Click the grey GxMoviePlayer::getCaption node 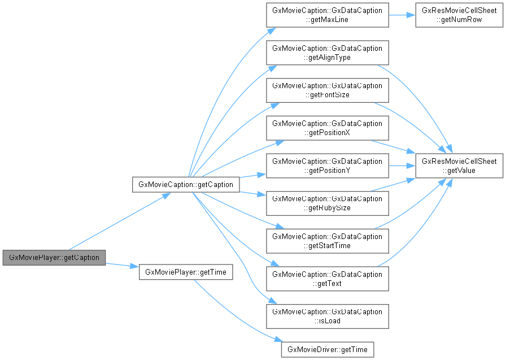54,257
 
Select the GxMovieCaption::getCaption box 186,184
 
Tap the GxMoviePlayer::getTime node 185,272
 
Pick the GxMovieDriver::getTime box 328,349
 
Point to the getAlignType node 327,53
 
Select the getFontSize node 327,90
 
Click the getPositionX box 327,128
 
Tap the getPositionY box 327,166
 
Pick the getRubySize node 327,203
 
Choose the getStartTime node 327,241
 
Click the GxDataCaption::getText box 327,279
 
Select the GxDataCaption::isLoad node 327,316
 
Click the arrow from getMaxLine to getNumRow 402,16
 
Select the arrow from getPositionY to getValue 402,166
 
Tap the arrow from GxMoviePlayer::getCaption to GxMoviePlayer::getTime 122,264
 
